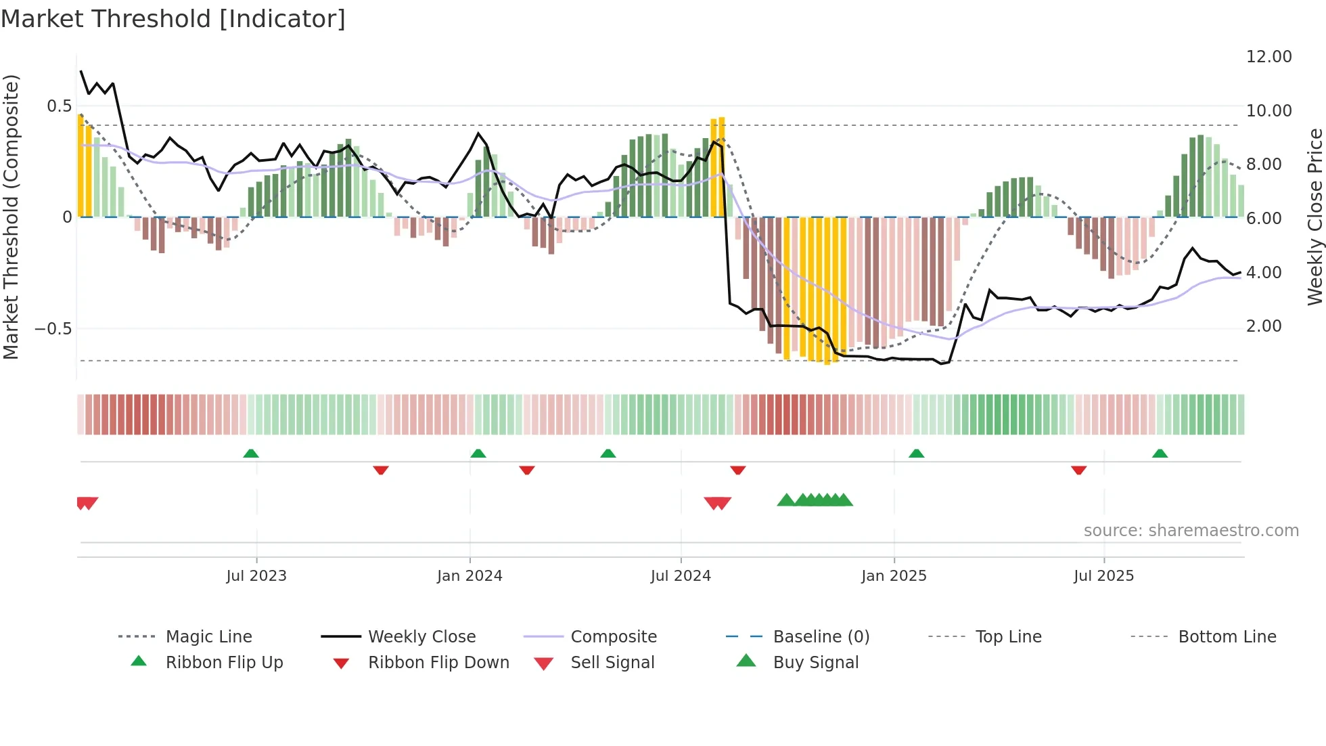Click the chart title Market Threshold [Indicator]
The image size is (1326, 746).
coord(173,19)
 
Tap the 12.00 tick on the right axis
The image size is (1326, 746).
coord(1268,57)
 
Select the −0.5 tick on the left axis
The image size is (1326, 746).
coord(53,329)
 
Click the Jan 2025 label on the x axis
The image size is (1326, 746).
coord(893,576)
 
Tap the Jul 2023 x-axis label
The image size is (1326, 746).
coord(256,576)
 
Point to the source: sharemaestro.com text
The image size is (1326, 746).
coord(1191,531)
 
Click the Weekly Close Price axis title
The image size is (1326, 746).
coord(1314,217)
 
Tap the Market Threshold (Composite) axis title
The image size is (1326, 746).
coord(11,217)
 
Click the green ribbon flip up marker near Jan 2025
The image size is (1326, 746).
coord(916,454)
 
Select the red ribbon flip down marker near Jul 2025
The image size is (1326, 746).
coord(1078,470)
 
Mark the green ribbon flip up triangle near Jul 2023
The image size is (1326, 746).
coord(251,454)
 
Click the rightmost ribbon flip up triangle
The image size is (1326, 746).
coord(1160,454)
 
